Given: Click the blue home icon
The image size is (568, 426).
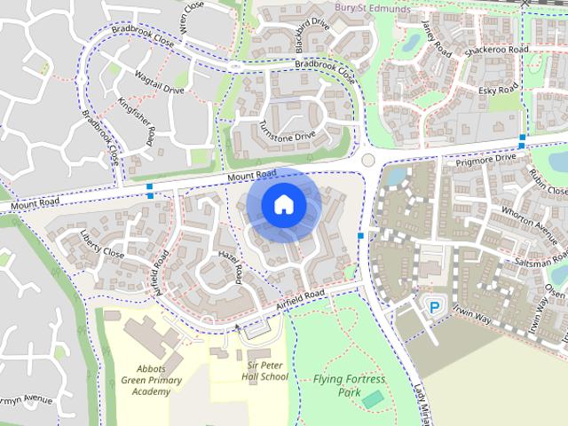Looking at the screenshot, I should [282, 205].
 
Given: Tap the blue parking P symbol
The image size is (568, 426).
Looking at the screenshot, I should [435, 307].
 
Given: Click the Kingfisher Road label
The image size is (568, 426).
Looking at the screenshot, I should [137, 124].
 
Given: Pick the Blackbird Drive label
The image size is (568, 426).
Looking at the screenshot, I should [312, 34].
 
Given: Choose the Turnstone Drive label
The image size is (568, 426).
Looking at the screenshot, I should [288, 130].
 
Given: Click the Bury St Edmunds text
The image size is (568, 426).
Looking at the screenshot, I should [373, 9].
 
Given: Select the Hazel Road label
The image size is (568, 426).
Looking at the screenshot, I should [230, 265].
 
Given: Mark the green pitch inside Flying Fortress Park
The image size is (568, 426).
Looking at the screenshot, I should [374, 398].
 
